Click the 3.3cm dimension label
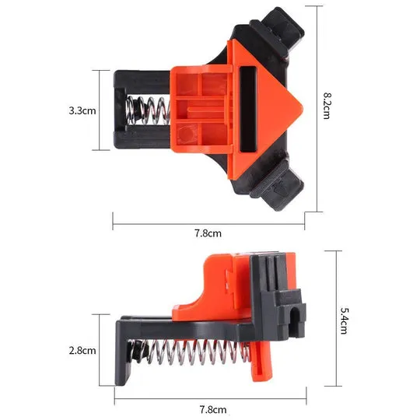[82, 110]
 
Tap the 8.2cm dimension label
[327, 106]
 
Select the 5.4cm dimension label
[345, 320]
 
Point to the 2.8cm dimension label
[82, 350]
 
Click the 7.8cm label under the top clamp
[208, 233]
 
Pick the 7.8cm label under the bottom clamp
[213, 410]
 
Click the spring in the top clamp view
[148, 110]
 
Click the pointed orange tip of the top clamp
[301, 108]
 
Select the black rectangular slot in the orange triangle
[248, 109]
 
